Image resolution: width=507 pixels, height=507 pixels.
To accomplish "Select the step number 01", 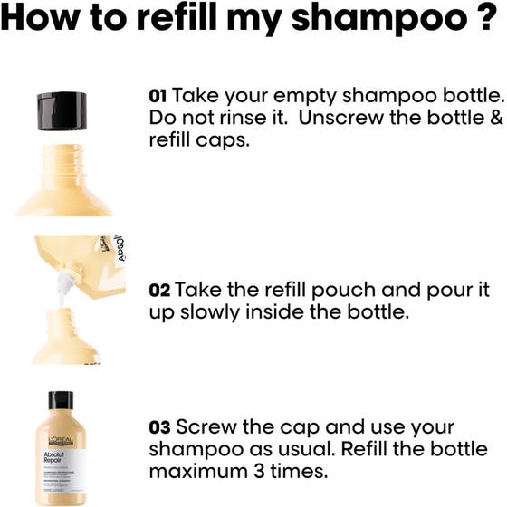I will coord(158,95).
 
